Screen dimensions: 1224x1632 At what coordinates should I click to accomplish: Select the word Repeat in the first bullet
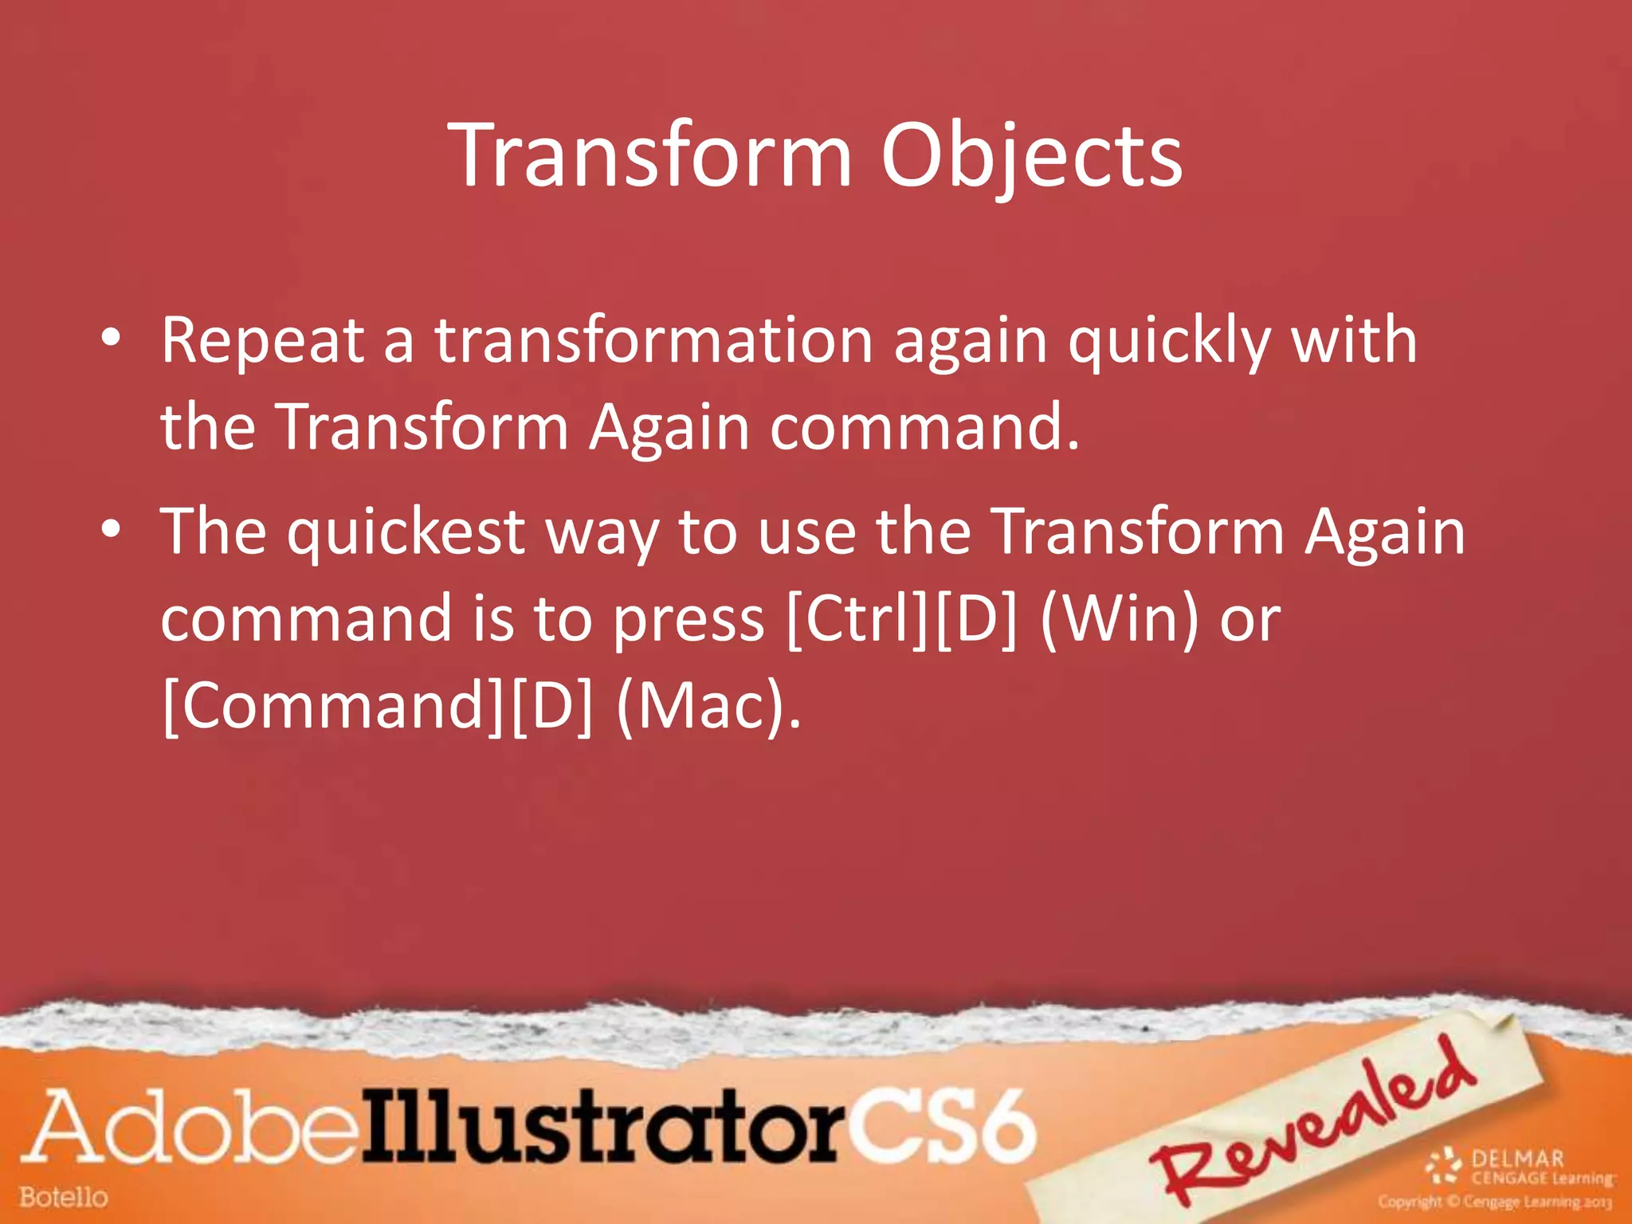[263, 341]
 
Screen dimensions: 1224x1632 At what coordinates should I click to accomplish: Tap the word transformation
[653, 341]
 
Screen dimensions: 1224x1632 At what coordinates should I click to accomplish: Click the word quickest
[406, 532]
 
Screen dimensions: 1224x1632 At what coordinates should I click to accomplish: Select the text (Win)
[1120, 620]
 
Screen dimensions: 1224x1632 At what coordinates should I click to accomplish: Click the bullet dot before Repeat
[111, 339]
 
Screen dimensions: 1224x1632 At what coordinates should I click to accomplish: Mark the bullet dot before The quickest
[111, 529]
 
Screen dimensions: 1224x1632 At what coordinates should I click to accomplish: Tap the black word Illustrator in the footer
[602, 1128]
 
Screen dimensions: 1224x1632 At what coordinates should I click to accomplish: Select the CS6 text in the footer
[940, 1128]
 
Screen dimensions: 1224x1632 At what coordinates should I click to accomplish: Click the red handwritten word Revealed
[1315, 1124]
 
